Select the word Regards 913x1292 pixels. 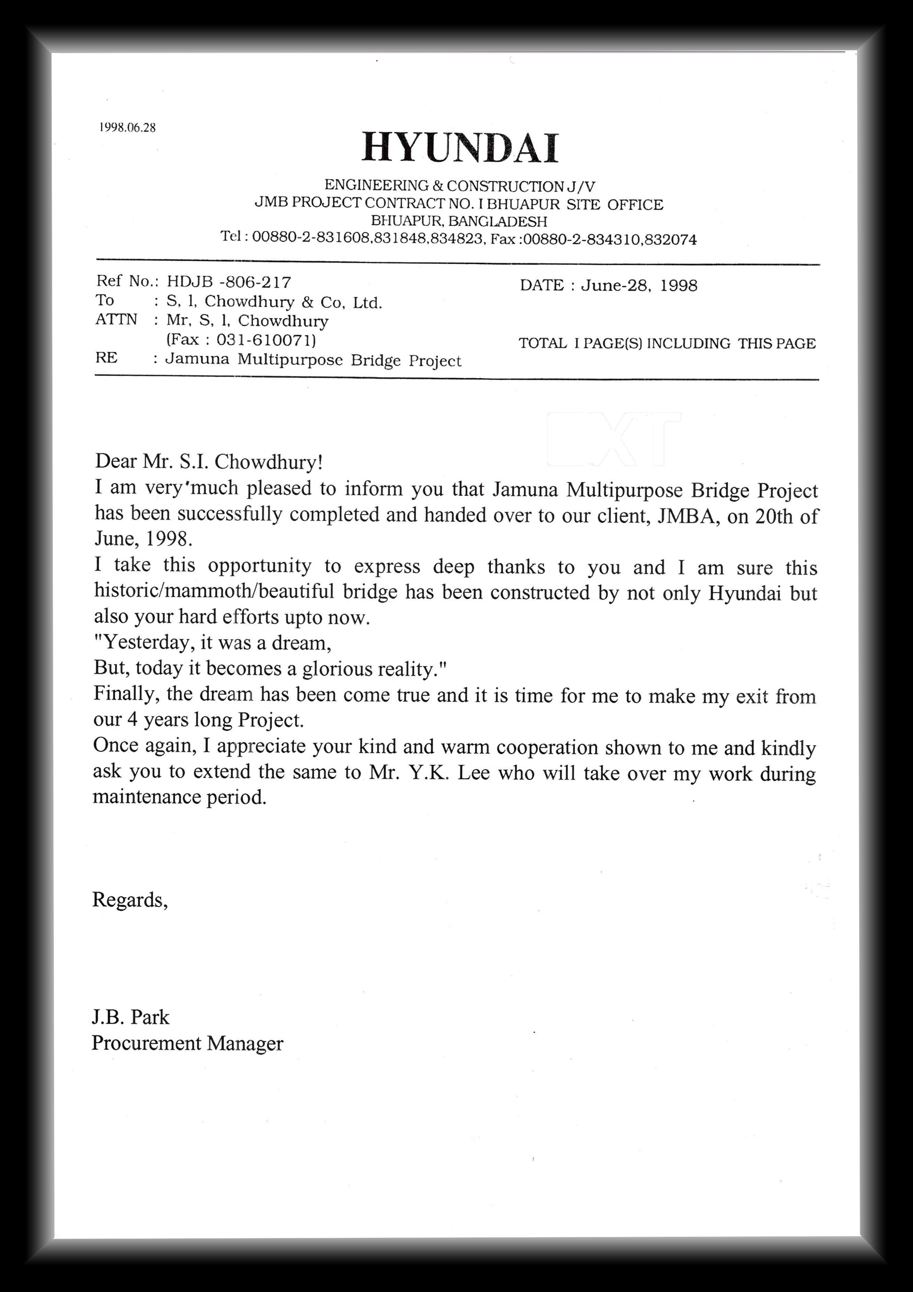(x=129, y=899)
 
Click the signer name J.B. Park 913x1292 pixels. (x=131, y=1017)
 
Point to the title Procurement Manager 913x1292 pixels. (x=187, y=1043)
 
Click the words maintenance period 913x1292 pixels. (x=179, y=797)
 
